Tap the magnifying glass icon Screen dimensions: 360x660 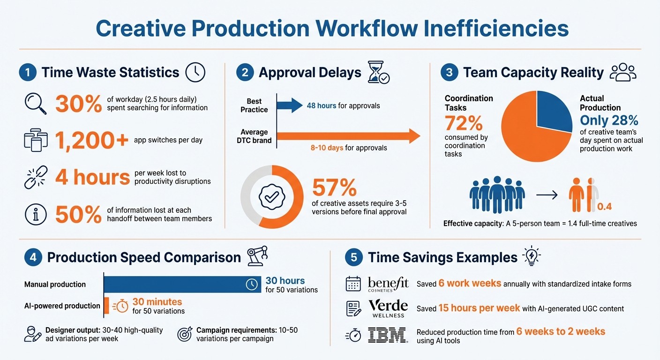click(35, 103)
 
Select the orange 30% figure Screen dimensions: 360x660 click(78, 104)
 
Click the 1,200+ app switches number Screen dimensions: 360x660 click(91, 140)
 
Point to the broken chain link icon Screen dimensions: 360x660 click(35, 177)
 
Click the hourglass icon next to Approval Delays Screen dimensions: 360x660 click(378, 72)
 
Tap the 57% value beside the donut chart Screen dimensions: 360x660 click(334, 188)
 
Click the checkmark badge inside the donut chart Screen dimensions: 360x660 click(271, 197)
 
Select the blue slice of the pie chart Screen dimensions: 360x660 click(553, 110)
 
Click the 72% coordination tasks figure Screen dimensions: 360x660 click(464, 123)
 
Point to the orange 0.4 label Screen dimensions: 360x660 click(605, 207)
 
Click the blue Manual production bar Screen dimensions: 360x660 click(182, 285)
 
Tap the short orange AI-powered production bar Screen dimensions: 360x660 click(106, 306)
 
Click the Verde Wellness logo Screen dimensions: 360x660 click(388, 308)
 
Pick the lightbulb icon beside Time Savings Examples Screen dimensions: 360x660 click(532, 256)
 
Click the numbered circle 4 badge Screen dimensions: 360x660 click(32, 257)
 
